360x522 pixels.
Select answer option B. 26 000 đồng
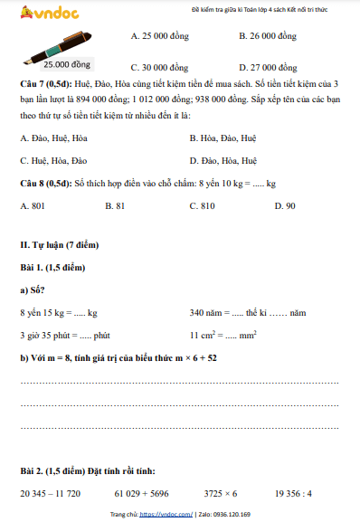[x=268, y=36]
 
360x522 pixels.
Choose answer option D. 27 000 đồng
[x=268, y=68]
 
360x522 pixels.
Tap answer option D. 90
[x=284, y=206]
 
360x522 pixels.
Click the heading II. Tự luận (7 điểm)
[x=59, y=245]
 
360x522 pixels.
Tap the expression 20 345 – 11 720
[x=50, y=494]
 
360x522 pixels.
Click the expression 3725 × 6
[x=221, y=494]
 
